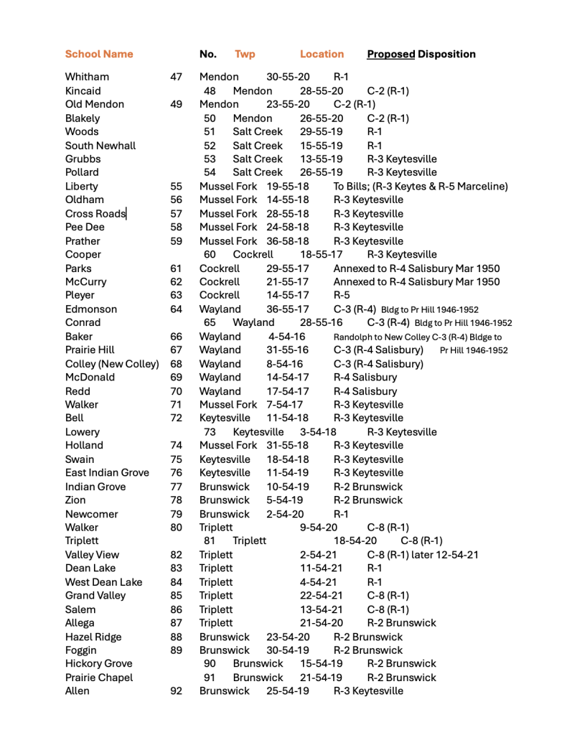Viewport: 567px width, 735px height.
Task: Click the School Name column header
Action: tap(99, 55)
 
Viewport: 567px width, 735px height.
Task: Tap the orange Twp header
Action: tap(245, 55)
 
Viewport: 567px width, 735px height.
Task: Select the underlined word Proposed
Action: tap(390, 55)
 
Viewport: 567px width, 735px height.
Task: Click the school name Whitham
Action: tap(87, 77)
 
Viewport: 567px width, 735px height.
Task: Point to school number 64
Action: tap(176, 309)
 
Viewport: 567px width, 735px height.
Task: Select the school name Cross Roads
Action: tap(95, 214)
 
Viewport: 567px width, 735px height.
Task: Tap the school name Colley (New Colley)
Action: tap(112, 364)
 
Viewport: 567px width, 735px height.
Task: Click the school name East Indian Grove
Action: tap(107, 473)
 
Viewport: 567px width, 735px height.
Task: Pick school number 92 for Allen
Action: tap(176, 691)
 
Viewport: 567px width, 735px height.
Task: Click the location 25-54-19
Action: tap(288, 691)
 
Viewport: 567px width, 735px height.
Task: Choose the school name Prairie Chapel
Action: tap(99, 678)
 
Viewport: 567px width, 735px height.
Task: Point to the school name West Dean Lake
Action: tap(103, 582)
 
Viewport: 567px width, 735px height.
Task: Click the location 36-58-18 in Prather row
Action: tap(288, 241)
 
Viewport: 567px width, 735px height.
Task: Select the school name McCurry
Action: tap(85, 282)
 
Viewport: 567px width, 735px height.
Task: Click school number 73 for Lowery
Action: tap(210, 432)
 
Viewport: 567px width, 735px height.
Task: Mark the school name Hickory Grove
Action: tap(98, 664)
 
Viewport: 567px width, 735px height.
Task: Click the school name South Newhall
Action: tap(100, 146)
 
